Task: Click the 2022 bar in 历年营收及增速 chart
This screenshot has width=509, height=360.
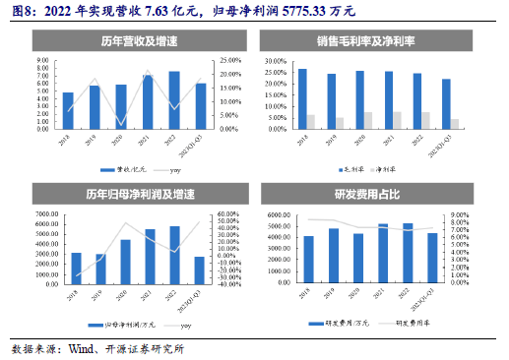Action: [x=174, y=99]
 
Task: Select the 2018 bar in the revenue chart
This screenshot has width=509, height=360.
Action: [x=68, y=110]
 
